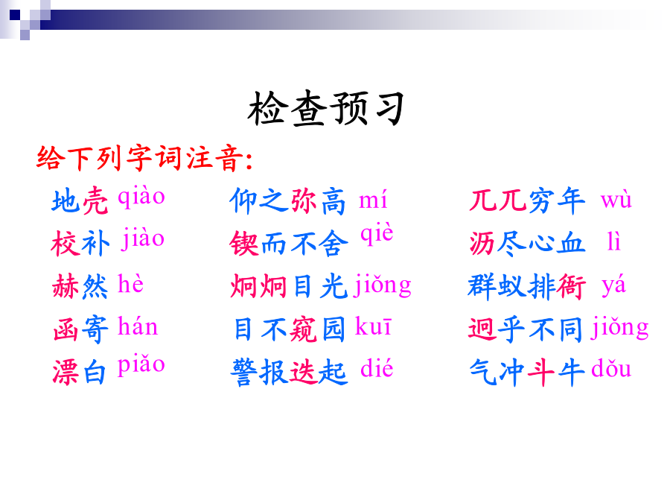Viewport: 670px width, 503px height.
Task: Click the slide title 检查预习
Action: pyautogui.click(x=326, y=109)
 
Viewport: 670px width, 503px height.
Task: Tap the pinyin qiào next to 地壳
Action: pyautogui.click(x=141, y=197)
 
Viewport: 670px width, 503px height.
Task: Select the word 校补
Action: pyautogui.click(x=80, y=243)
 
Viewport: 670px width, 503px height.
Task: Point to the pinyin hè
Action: pyautogui.click(x=130, y=283)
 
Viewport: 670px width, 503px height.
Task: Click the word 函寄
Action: pyautogui.click(x=80, y=329)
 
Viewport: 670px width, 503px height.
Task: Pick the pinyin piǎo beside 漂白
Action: pyautogui.click(x=141, y=366)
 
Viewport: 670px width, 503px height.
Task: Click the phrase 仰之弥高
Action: pyautogui.click(x=287, y=200)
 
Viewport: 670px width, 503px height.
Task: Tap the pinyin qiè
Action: pyautogui.click(x=377, y=234)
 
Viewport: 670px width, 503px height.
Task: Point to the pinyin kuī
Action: pyautogui.click(x=373, y=327)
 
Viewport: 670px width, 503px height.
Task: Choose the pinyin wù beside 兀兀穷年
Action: pyautogui.click(x=616, y=200)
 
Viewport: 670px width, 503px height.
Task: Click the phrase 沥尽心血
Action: pyautogui.click(x=527, y=243)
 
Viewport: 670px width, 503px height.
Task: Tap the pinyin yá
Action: pyautogui.click(x=613, y=285)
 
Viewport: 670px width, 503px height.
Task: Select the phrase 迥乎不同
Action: pyautogui.click(x=527, y=329)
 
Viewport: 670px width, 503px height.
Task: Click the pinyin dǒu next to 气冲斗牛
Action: pyautogui.click(x=611, y=367)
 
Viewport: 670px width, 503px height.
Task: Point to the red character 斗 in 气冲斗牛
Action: pyautogui.click(x=540, y=372)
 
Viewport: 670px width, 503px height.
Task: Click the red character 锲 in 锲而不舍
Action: pyautogui.click(x=244, y=243)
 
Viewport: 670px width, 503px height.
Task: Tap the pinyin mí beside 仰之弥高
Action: pyautogui.click(x=373, y=199)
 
